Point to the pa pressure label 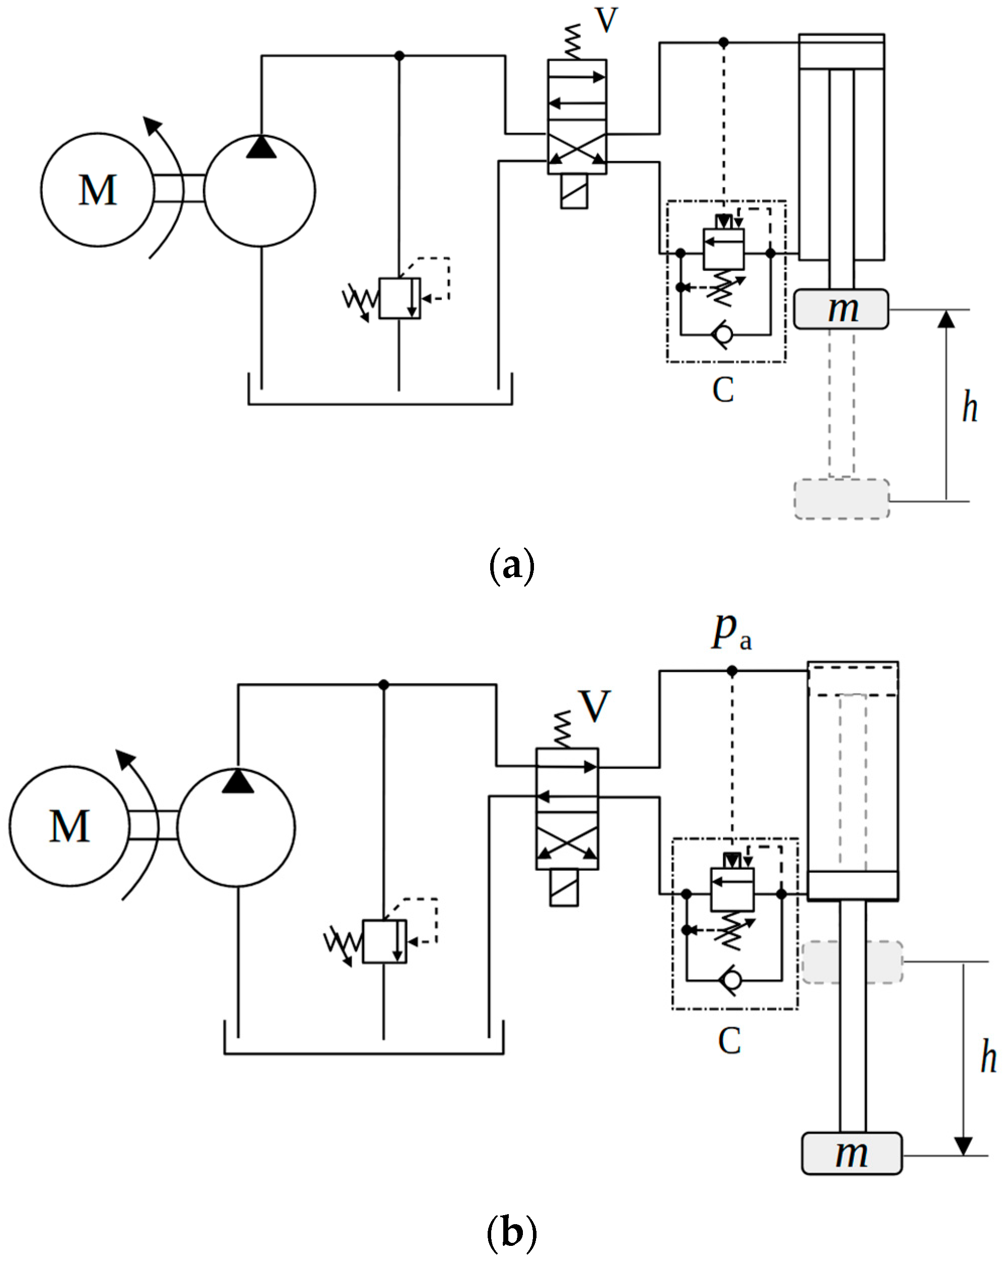[x=731, y=632]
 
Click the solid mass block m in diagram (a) [x=841, y=308]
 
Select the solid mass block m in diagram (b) [x=851, y=1153]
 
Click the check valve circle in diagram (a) [x=724, y=335]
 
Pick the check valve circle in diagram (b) [x=732, y=980]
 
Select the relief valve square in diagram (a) [x=399, y=298]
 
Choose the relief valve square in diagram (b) [x=384, y=941]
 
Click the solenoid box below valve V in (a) [x=574, y=191]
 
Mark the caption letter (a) [x=511, y=566]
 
